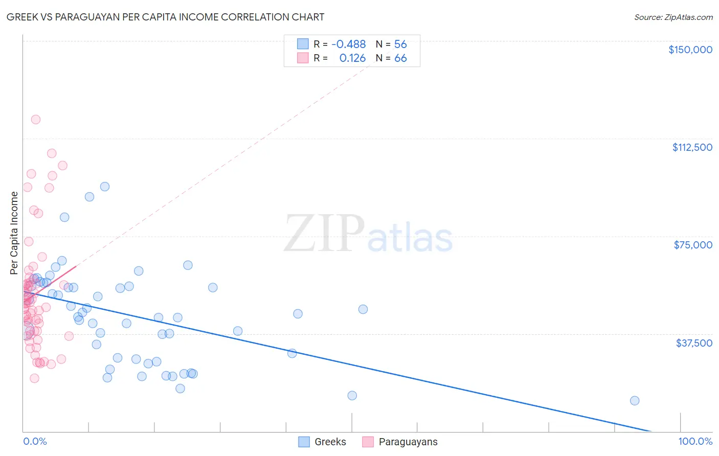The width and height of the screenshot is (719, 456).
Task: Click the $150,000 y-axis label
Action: pos(690,50)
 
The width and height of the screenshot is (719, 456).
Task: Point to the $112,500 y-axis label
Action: pos(692,147)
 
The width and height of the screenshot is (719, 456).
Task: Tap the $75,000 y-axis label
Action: pos(692,245)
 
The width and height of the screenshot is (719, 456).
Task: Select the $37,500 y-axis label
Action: pos(693,343)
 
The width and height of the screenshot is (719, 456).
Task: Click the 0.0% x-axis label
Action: pos(35,442)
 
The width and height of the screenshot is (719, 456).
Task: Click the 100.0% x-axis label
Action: pos(695,442)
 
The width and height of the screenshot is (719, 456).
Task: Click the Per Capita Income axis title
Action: pos(14,233)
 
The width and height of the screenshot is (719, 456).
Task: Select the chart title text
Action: pos(165,17)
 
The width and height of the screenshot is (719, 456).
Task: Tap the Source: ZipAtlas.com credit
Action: pos(673,17)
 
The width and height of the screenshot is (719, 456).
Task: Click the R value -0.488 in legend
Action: pos(349,44)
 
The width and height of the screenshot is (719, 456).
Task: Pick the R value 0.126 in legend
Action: pos(352,58)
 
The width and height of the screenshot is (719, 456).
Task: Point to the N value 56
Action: pos(400,44)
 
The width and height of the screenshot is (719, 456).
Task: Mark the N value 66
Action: pos(400,58)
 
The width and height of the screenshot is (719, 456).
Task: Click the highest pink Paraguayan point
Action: pos(36,120)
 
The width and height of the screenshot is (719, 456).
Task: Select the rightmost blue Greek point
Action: pos(635,401)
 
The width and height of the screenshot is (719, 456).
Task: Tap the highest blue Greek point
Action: pos(105,187)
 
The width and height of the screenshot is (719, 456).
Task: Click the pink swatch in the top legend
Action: pos(303,58)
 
